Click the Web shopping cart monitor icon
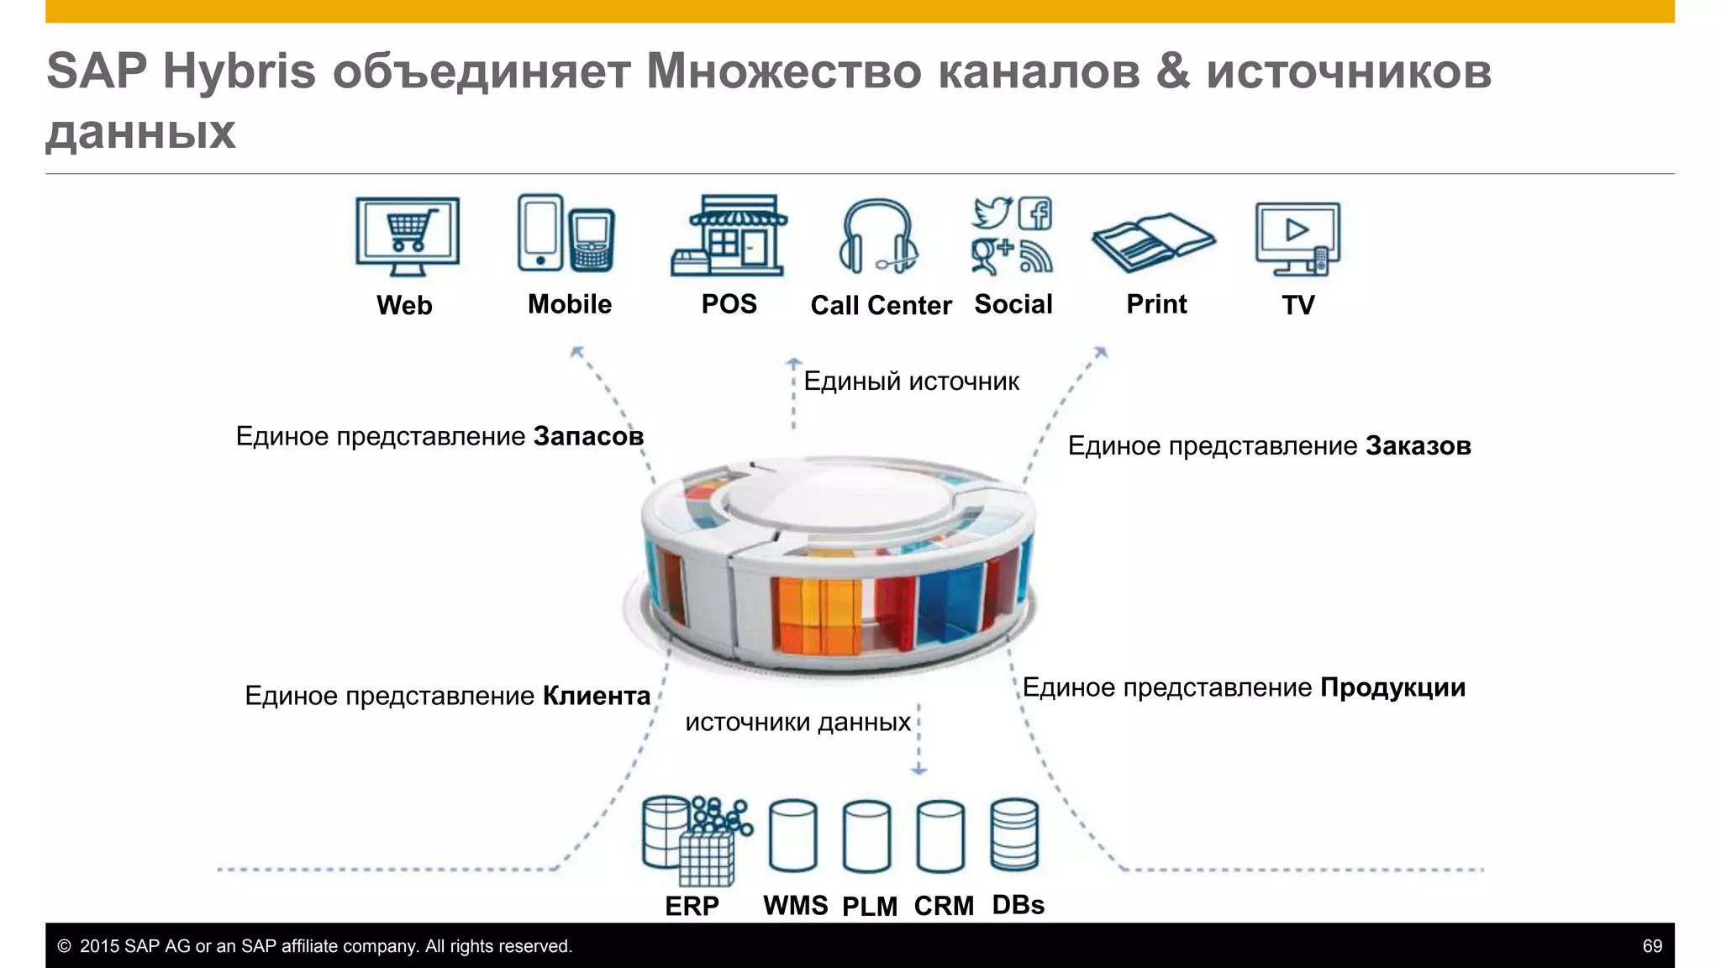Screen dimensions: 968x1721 click(x=408, y=236)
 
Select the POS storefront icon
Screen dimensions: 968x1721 click(x=729, y=236)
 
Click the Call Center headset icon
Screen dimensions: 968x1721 click(x=878, y=237)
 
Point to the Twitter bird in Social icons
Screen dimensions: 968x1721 click(x=992, y=213)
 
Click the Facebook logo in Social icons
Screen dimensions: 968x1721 click(x=1035, y=213)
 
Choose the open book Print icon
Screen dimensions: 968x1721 click(x=1153, y=242)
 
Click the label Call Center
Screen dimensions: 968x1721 click(x=881, y=305)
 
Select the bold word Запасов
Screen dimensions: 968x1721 click(x=588, y=436)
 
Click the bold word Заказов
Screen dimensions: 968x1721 click(x=1418, y=445)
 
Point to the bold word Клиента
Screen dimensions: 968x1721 click(x=597, y=696)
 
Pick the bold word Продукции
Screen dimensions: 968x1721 click(x=1392, y=687)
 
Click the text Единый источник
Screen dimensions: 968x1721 click(x=911, y=381)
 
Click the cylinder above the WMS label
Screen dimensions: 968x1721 click(x=793, y=836)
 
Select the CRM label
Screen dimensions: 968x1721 click(x=944, y=906)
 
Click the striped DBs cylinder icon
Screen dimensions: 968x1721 click(x=1014, y=835)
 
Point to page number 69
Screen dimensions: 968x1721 click(x=1652, y=946)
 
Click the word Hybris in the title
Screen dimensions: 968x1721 click(x=239, y=71)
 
